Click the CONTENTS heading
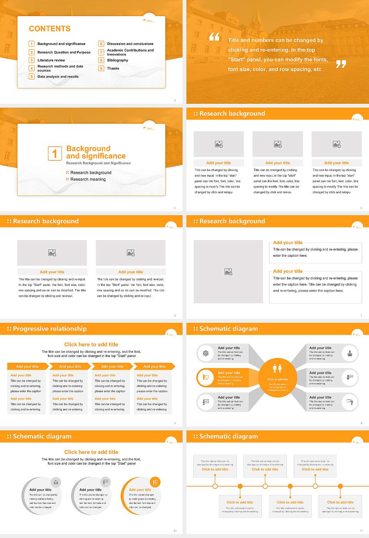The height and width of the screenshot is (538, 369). [50, 29]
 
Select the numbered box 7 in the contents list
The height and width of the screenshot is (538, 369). [101, 52]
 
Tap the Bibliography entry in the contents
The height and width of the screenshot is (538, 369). [117, 60]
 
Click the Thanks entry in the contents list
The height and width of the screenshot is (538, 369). [113, 68]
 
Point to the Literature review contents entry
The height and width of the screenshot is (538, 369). [51, 60]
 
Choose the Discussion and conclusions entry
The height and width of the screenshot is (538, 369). [130, 44]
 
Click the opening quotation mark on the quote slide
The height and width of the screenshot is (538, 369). [214, 37]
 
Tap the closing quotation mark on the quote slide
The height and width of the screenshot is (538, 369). [341, 64]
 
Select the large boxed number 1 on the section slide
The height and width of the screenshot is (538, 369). [55, 153]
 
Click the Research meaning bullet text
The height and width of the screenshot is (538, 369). [88, 179]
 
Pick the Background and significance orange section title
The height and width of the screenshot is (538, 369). [96, 152]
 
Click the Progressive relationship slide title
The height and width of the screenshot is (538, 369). [50, 329]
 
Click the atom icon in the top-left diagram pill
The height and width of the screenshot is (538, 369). [206, 353]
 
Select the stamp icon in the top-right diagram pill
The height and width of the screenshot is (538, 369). [349, 353]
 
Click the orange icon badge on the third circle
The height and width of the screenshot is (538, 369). [155, 482]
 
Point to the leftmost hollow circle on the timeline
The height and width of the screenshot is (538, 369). [215, 486]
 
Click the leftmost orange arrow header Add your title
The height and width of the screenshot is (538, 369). [27, 367]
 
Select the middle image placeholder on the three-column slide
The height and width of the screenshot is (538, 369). [278, 144]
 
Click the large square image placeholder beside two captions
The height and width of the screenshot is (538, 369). [228, 272]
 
